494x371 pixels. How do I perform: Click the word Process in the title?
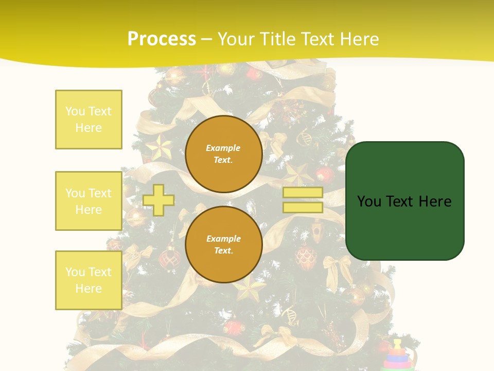[162, 39]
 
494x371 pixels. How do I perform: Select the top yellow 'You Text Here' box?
[89, 120]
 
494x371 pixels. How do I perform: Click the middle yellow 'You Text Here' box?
[89, 201]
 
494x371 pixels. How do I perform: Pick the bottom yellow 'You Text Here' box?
[89, 280]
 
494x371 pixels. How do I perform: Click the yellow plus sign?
[158, 200]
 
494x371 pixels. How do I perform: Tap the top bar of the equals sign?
[303, 193]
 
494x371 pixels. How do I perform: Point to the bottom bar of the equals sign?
[303, 208]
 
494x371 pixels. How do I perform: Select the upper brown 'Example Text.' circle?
[223, 154]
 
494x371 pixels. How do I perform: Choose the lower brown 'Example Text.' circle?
[223, 245]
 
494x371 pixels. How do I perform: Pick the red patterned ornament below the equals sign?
[306, 256]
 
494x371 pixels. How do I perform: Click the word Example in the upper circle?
[223, 148]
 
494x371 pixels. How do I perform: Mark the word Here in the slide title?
[358, 39]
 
